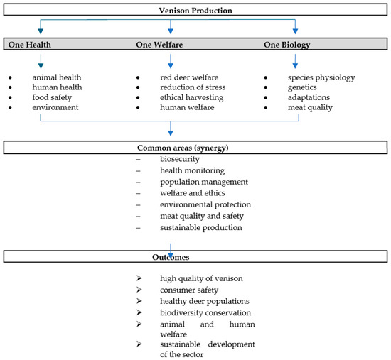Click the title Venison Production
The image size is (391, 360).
tap(195, 11)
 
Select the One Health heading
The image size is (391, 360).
tap(29, 45)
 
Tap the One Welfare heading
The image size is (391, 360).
tap(159, 45)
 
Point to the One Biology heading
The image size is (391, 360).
tap(287, 45)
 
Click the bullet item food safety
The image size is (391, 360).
tap(52, 97)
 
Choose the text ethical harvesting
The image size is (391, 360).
tap(191, 97)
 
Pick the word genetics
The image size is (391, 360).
tap(302, 87)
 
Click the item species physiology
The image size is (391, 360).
tap(321, 77)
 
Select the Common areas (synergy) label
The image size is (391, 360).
tap(183, 148)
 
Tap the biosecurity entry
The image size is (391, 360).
tap(180, 159)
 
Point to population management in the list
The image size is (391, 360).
tap(204, 182)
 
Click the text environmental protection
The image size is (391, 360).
tap(205, 204)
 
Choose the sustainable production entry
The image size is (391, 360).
tap(201, 227)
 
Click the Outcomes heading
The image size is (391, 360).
tap(171, 257)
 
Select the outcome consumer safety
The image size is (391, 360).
tap(189, 290)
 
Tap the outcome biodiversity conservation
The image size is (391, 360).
tap(205, 312)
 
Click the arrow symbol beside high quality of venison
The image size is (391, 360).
tap(139, 278)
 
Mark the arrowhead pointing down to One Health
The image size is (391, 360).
tap(41, 31)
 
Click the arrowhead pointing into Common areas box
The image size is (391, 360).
tap(171, 133)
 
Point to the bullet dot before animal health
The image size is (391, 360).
tap(10, 77)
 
